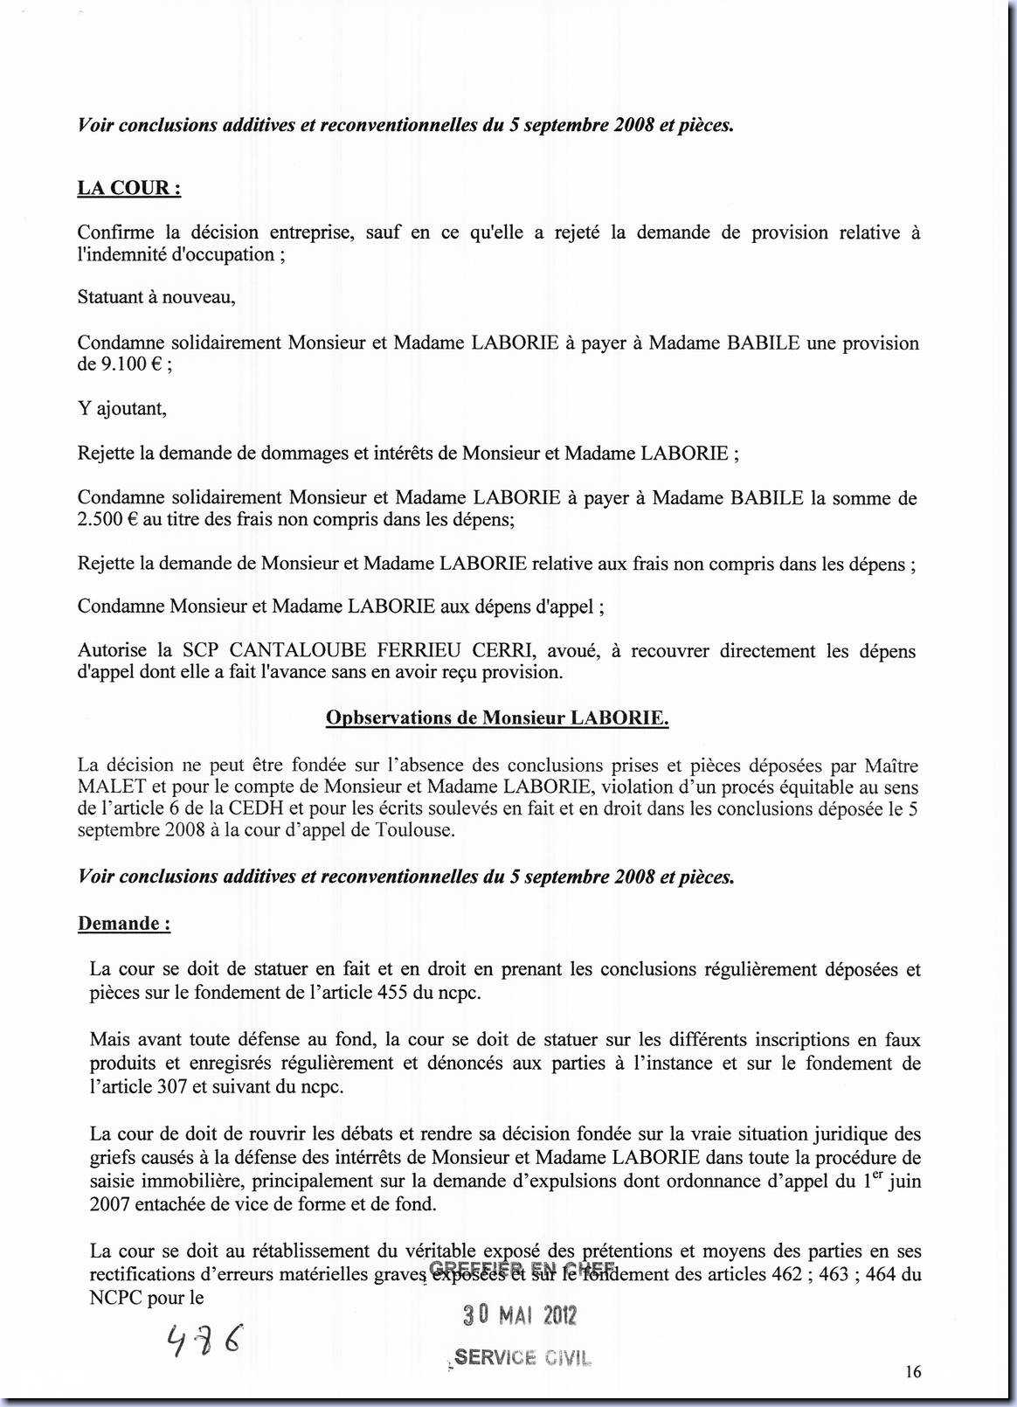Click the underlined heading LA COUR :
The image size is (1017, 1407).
129,189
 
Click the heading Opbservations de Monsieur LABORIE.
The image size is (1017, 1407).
497,718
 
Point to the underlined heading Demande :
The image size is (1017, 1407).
124,924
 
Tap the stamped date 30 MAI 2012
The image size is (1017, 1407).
520,1316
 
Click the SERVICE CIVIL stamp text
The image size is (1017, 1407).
522,1358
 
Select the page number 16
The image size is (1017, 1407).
912,1372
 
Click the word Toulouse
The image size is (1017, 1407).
419,830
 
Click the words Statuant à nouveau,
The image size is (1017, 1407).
156,297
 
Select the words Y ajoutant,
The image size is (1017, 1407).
121,408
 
